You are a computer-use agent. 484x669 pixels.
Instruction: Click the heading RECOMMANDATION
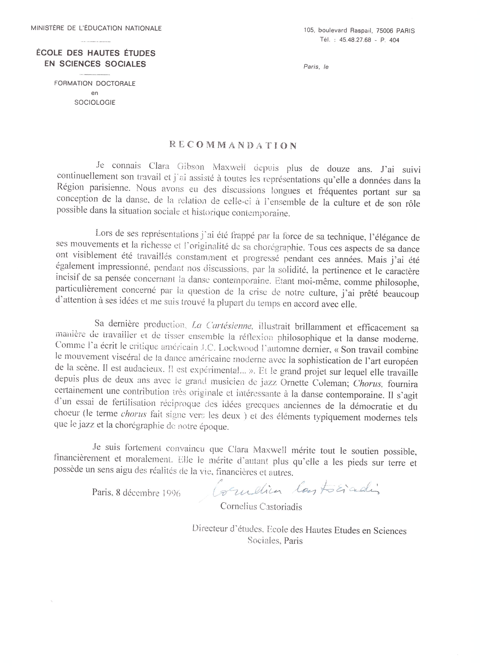[233, 145]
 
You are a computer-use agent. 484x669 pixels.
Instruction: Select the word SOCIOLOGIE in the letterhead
[95, 103]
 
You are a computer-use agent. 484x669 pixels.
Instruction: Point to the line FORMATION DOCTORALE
[95, 83]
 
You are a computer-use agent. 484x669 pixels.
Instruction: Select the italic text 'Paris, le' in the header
[316, 67]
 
